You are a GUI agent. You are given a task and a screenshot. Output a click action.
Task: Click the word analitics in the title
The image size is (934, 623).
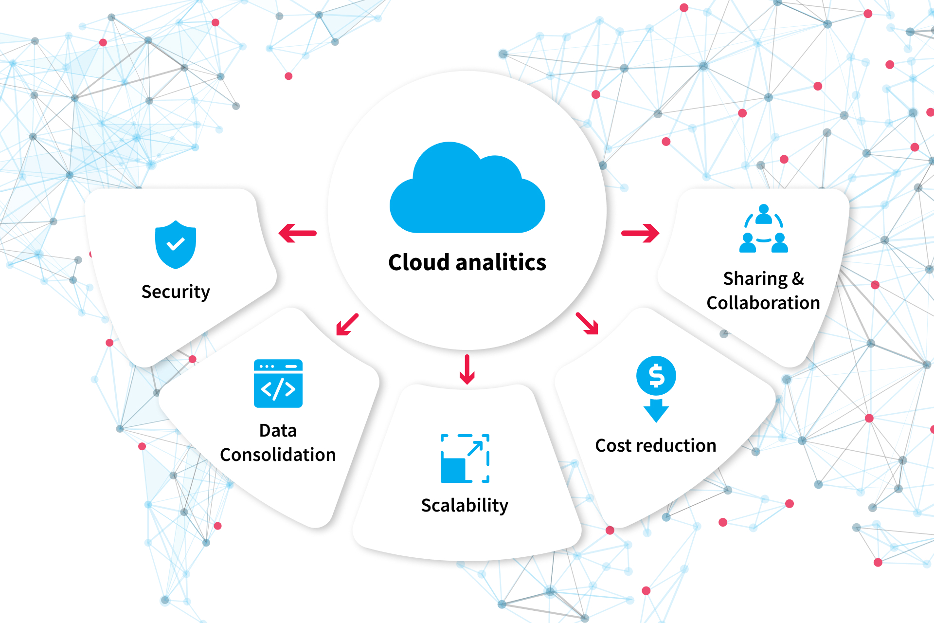[x=501, y=262]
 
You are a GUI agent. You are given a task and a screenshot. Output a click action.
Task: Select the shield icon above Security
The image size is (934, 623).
[x=176, y=244]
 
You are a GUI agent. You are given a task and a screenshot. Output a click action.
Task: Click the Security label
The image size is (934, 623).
[x=176, y=292]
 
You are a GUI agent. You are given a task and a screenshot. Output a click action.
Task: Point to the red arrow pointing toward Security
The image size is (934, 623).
[x=297, y=233]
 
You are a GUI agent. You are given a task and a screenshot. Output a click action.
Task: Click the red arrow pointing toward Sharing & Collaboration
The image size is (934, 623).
[x=640, y=233]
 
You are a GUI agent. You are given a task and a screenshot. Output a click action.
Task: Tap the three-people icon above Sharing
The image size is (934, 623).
[x=763, y=229]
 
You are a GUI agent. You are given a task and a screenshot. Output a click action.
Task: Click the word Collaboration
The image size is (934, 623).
[x=763, y=303]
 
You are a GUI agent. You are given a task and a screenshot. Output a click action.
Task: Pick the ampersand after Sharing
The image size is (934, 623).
[x=798, y=278]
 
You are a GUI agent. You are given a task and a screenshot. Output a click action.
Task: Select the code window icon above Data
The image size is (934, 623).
[x=278, y=384]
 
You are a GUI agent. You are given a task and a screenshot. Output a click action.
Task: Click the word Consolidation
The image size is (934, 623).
[x=278, y=455]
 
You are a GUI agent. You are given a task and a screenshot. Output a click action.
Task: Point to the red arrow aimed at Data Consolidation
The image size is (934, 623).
[x=347, y=325]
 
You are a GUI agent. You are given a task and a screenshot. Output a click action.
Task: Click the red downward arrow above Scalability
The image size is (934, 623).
[x=467, y=369]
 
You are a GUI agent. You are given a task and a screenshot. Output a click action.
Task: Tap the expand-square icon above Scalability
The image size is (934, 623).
[x=465, y=458]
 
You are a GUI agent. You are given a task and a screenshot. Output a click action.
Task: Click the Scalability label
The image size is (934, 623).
[x=465, y=505]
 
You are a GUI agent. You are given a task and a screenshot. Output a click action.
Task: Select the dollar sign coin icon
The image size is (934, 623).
[x=656, y=376]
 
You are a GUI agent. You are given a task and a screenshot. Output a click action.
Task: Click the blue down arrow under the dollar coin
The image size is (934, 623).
[x=656, y=410]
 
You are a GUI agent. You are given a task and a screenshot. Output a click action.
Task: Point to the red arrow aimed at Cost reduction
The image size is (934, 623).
[x=587, y=324]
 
